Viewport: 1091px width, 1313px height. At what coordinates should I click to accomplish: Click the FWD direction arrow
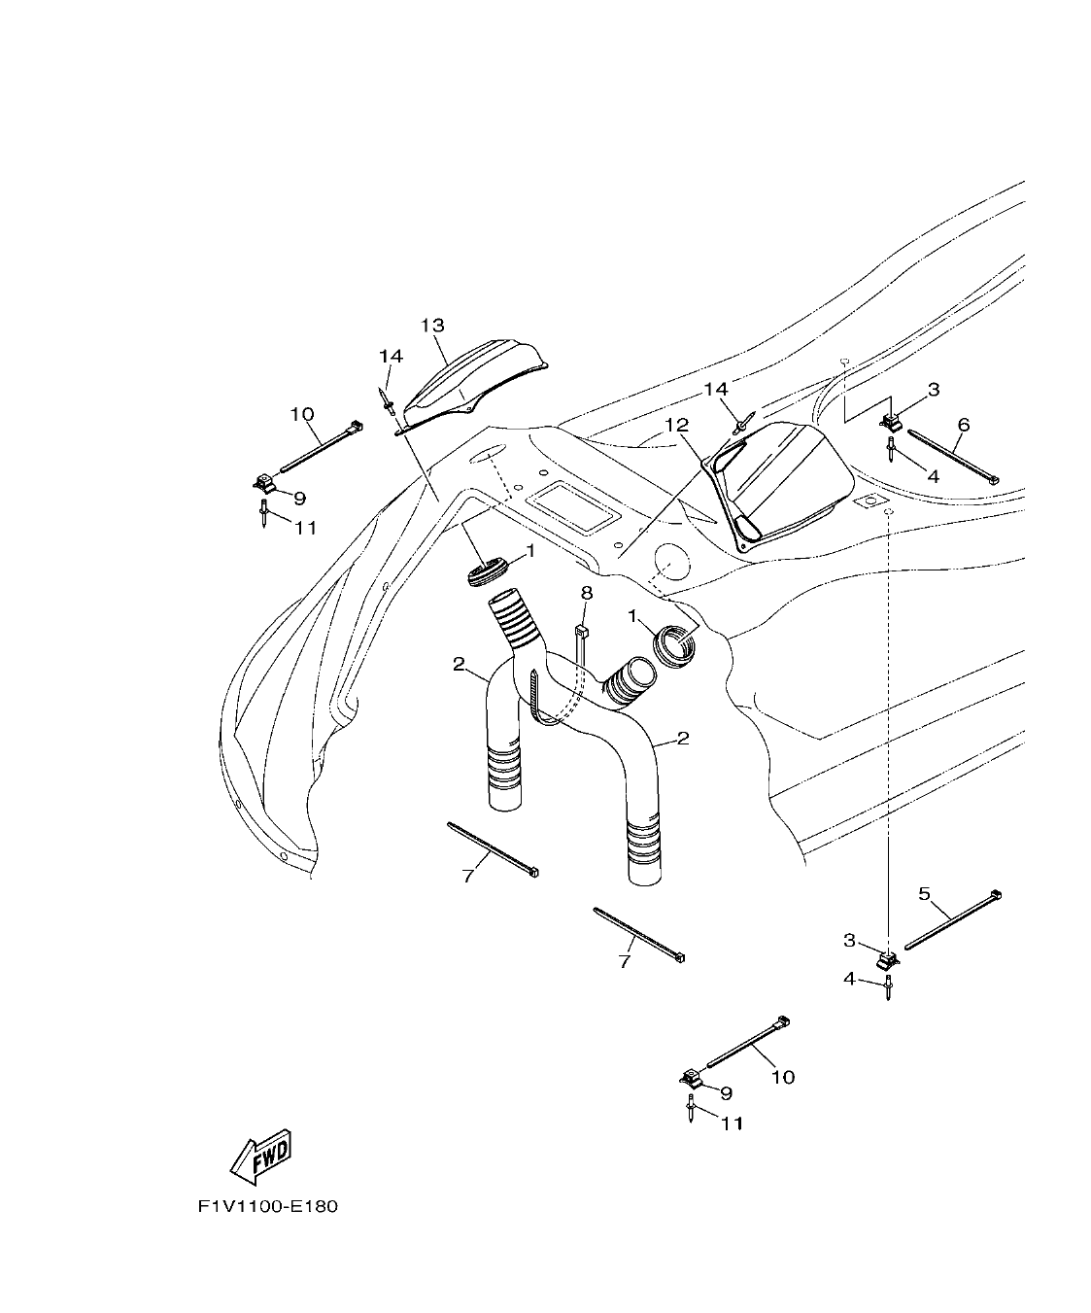(x=260, y=1157)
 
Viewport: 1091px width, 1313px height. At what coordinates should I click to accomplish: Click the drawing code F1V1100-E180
(x=267, y=1207)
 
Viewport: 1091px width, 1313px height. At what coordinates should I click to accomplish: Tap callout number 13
(x=432, y=325)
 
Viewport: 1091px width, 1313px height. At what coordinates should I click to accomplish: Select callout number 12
(x=676, y=425)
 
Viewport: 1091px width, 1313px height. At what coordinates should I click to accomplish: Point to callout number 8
(x=586, y=592)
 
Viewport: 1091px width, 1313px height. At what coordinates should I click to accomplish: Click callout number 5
(x=925, y=891)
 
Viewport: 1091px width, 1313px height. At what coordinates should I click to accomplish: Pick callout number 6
(x=964, y=425)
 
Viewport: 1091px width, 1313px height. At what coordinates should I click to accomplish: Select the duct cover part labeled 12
(x=782, y=481)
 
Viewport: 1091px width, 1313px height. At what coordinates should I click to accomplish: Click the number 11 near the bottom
(x=732, y=1123)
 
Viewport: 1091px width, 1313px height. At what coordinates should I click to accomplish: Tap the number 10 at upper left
(x=302, y=414)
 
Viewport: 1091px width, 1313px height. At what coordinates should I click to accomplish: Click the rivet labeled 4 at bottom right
(x=888, y=990)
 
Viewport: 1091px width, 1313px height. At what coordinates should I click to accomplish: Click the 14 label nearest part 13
(x=391, y=357)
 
